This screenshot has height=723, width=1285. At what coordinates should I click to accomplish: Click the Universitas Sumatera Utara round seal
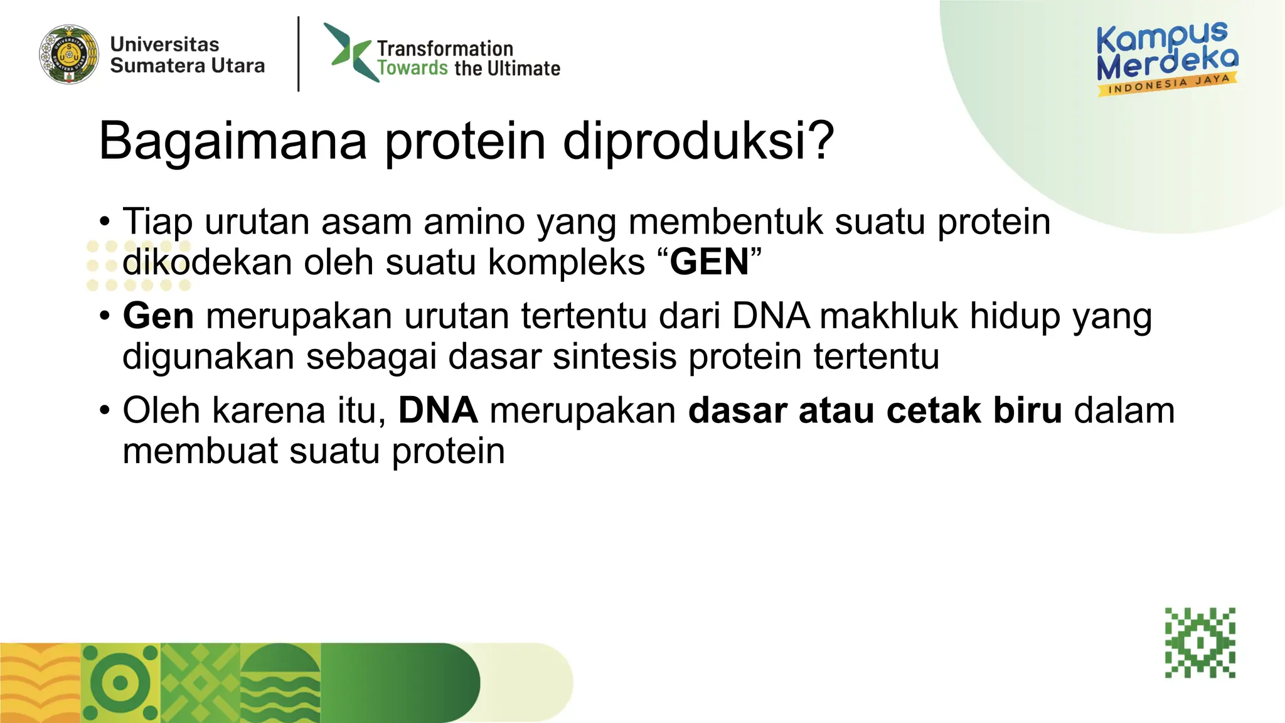tap(69, 55)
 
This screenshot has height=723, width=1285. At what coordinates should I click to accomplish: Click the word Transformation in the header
tap(445, 48)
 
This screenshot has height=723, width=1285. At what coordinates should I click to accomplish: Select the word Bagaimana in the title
tap(232, 141)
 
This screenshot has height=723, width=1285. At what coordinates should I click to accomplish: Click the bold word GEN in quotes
tap(709, 262)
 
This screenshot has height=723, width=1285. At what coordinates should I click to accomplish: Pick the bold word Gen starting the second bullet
tap(158, 316)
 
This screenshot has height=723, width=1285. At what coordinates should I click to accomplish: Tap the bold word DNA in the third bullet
tap(438, 410)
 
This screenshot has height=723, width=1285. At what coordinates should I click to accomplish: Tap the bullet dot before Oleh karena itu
tap(105, 411)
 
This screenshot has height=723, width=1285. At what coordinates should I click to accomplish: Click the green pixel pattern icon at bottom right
tap(1200, 643)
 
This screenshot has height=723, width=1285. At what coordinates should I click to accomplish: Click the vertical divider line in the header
tap(299, 54)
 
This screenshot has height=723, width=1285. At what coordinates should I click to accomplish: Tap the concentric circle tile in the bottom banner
tap(120, 683)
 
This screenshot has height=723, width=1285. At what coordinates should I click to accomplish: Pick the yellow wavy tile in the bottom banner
tap(40, 683)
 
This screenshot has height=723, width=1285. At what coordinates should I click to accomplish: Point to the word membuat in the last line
tap(200, 451)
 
